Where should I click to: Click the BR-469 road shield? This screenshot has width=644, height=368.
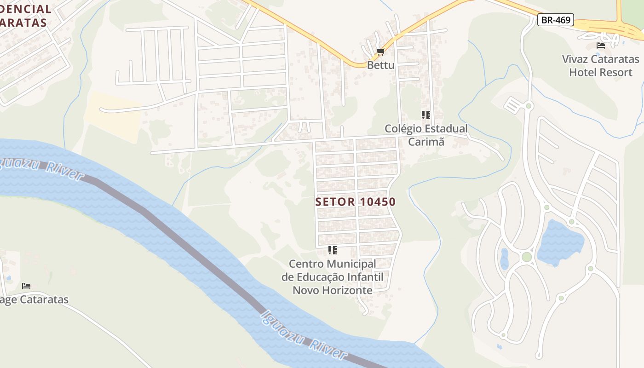[556, 20]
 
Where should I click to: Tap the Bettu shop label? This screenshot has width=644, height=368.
[380, 65]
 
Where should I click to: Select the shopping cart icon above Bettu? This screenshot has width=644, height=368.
[380, 52]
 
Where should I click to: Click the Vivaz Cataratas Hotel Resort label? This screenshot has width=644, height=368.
[600, 66]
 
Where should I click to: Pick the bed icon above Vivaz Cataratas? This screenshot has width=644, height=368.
[600, 45]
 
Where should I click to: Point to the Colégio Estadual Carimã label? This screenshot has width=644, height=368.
[426, 135]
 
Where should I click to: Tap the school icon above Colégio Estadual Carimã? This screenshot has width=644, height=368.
[425, 115]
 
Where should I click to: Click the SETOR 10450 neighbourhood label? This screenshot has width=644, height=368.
[356, 201]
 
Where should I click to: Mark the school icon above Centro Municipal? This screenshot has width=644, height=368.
[332, 250]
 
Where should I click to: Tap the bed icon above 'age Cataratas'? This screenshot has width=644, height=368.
[26, 286]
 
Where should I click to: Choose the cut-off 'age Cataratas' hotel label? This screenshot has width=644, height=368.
[34, 300]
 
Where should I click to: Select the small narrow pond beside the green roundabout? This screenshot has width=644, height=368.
[504, 259]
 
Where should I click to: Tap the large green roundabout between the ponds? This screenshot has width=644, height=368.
[527, 257]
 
